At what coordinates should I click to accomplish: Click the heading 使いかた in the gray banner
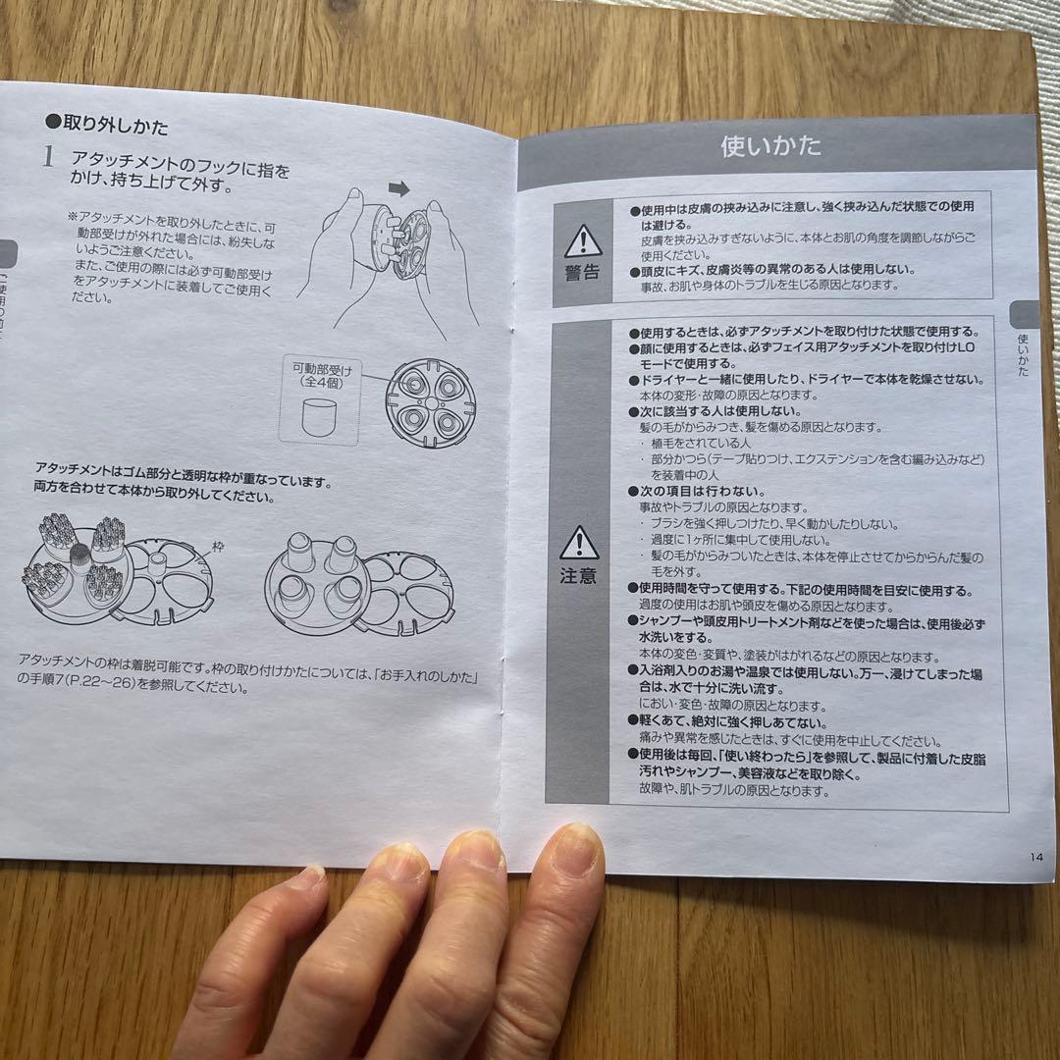pos(770,147)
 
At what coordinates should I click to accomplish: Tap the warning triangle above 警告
pos(582,241)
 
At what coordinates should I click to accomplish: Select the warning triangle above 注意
pos(579,542)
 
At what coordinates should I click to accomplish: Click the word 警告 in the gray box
pos(582,273)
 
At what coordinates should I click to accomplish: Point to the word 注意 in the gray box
pos(579,575)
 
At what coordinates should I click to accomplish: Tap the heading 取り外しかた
pos(115,127)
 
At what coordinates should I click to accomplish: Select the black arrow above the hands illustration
pos(398,186)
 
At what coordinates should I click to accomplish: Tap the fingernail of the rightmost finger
pos(577,847)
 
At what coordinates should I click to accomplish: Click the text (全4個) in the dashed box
pos(321,385)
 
